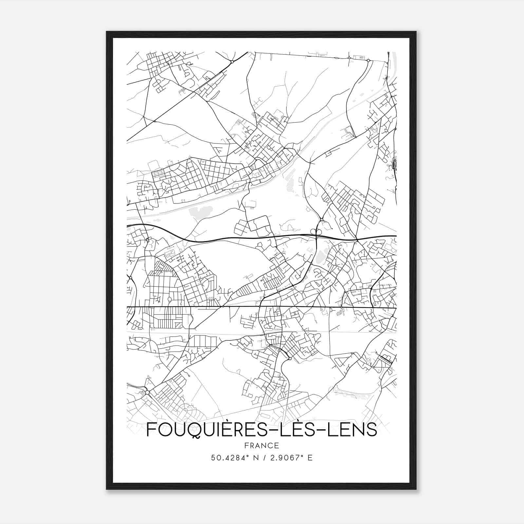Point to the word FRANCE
click(261, 446)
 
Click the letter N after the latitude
click(256, 458)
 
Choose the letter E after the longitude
click(310, 458)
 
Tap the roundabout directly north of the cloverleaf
click(322, 219)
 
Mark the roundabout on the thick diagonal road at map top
click(232, 62)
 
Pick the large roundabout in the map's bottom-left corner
click(147, 392)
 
